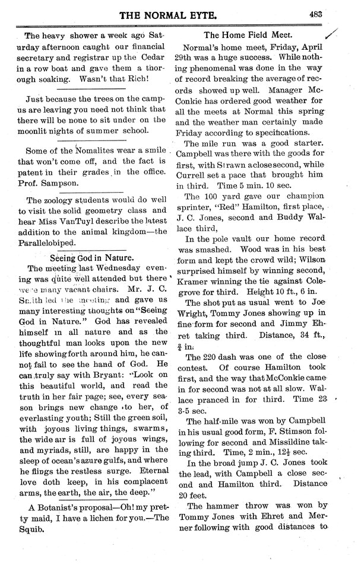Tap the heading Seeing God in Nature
tap(98, 258)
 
